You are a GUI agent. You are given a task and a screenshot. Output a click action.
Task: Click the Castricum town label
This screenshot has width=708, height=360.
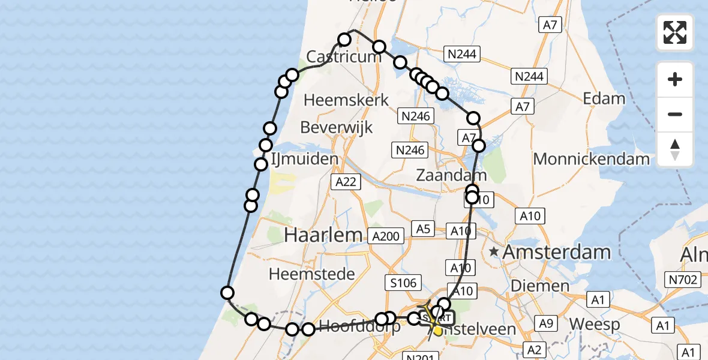point(344,57)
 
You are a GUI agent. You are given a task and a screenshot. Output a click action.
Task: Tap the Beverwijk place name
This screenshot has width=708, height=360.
point(336,127)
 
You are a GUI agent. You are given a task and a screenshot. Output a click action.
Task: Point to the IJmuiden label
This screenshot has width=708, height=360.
point(305,160)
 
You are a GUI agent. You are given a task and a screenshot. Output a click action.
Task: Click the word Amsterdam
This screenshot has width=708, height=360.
point(556,253)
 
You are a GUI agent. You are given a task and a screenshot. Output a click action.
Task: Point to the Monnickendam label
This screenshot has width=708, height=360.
point(591,159)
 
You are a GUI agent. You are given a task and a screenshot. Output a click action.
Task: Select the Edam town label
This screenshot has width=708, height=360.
point(604,98)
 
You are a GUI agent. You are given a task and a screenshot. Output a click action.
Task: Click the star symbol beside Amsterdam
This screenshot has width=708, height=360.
point(494,252)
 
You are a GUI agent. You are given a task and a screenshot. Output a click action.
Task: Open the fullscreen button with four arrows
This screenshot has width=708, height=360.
point(675,32)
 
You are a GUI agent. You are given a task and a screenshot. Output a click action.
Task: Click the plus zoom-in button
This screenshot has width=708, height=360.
point(675,79)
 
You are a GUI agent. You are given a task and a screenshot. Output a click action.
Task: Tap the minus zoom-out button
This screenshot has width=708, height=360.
point(675,114)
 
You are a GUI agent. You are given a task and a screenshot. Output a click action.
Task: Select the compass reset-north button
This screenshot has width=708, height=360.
point(675,149)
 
